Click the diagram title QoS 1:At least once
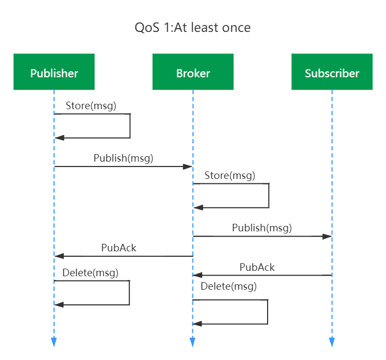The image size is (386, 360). click(192, 28)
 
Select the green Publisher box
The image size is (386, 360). click(54, 72)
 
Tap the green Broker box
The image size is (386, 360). click(193, 72)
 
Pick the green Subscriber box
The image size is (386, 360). click(332, 72)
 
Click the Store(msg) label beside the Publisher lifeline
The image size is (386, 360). click(91, 106)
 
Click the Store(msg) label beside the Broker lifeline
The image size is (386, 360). click(230, 176)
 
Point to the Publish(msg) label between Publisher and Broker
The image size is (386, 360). click(123, 158)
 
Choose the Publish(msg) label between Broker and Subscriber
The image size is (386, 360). click(262, 228)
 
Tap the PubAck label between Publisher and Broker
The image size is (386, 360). click(119, 248)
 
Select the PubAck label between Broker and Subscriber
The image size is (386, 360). click(257, 268)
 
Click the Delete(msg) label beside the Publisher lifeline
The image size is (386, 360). click(90, 273)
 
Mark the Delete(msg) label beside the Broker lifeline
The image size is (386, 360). click(229, 286)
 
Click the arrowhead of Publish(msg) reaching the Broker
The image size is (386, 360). click(189, 167)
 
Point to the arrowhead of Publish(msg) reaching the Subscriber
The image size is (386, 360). click(327, 237)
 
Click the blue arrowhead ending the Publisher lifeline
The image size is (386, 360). click(54, 341)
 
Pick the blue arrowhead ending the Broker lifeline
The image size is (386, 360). click(192, 342)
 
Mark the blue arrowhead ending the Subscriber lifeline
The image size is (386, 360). click(332, 342)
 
